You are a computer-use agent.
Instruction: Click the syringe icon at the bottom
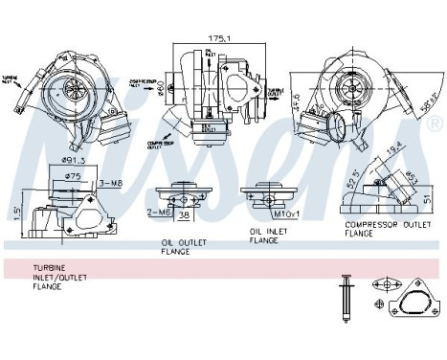click(x=346, y=301)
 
